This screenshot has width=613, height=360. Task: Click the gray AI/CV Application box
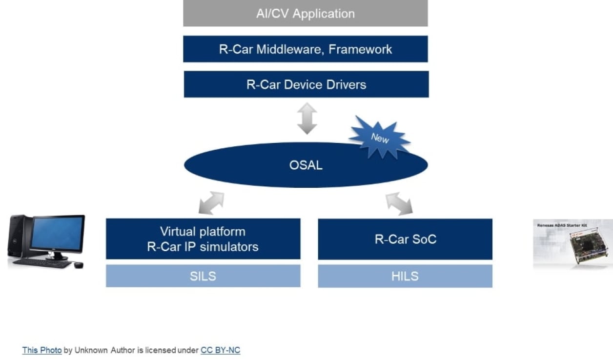306,13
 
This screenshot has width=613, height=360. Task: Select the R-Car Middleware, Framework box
306,49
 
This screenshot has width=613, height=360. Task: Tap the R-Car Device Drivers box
306,84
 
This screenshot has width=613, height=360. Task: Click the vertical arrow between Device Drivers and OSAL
307,119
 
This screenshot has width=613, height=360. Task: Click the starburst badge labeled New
380,138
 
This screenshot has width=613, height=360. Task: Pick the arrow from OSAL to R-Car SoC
399,203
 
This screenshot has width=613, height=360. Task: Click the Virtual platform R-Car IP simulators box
203,239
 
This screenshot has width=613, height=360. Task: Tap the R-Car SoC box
405,239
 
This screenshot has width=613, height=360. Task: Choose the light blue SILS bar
203,276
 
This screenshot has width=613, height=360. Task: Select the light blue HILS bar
405,276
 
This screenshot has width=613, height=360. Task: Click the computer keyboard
42,263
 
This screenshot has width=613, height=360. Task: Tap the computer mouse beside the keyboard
78,265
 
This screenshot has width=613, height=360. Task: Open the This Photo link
42,350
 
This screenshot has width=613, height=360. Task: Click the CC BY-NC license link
220,350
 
